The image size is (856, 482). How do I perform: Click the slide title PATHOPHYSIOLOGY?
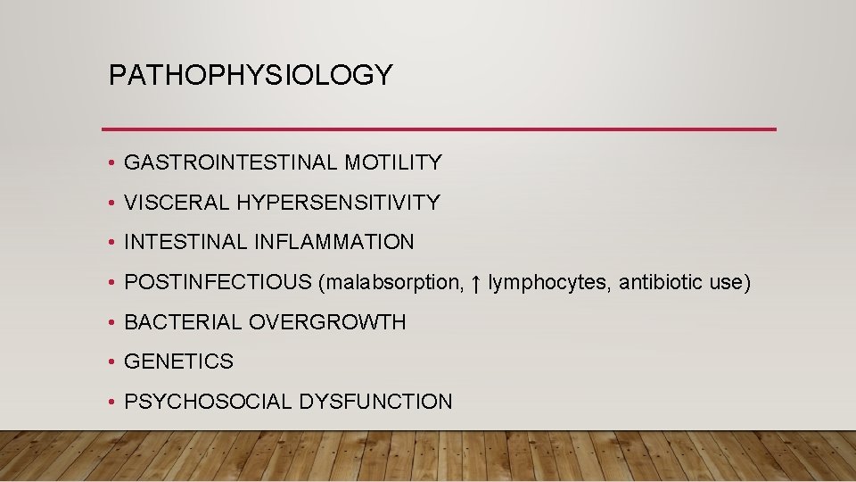coord(250,76)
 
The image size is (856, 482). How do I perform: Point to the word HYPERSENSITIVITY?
coord(338,203)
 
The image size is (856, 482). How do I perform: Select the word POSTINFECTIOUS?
coord(218,282)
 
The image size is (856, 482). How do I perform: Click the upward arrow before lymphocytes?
coord(476,283)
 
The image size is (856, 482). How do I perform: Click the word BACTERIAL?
coord(183,322)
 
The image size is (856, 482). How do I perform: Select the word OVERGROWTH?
coord(327,322)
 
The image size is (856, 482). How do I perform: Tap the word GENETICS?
coord(178,361)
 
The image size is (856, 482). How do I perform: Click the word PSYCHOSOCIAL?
coord(207,402)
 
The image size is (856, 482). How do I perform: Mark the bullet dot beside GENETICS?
coord(108,362)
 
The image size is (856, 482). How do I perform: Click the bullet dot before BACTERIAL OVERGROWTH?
coord(108,323)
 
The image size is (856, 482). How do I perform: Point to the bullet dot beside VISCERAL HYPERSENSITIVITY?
coord(108,204)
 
